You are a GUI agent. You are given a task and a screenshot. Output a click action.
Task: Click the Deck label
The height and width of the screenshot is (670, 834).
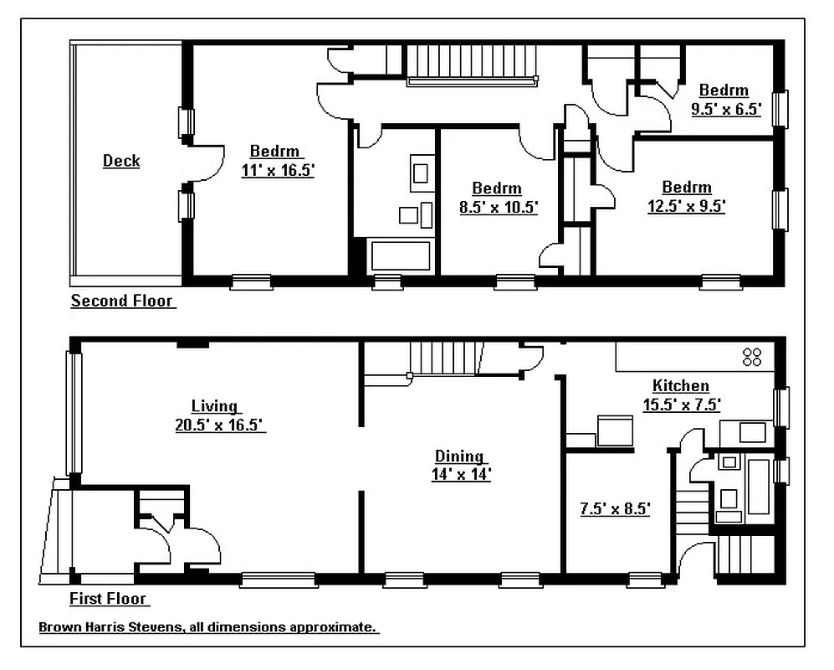[x=121, y=161]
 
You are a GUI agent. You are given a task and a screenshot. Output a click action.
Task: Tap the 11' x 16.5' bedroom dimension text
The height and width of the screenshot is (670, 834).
[x=278, y=170]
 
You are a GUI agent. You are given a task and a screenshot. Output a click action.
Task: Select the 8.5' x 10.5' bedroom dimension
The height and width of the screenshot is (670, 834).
[x=498, y=207]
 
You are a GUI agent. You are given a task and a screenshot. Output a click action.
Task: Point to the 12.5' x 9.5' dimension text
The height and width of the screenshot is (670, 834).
[x=686, y=205]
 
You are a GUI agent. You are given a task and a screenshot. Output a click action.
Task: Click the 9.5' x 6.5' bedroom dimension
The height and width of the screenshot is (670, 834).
[x=725, y=108]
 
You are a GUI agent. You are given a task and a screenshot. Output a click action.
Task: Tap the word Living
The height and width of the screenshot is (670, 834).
[x=214, y=407]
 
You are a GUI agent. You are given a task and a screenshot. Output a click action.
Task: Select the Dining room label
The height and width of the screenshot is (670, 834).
[x=459, y=456]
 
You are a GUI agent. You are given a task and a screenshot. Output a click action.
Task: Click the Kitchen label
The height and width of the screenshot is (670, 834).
[x=681, y=386]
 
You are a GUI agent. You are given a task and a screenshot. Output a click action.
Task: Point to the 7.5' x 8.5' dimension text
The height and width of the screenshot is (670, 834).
[x=615, y=508]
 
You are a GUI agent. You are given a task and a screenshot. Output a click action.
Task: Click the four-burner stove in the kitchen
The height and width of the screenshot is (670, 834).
[x=752, y=357]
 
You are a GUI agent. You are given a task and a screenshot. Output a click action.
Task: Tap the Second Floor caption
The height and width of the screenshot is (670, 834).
[x=122, y=301]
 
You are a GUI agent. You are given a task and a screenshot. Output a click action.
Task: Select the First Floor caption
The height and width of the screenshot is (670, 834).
[x=109, y=598]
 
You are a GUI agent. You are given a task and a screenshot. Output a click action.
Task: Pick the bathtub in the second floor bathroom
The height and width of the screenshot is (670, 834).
[x=401, y=255]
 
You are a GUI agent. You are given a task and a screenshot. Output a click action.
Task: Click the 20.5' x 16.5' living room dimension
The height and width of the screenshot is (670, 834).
[x=219, y=425]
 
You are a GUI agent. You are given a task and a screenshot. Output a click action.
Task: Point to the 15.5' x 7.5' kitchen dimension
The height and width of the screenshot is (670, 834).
[x=681, y=405]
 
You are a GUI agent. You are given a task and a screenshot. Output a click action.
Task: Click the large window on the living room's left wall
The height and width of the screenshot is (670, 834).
[x=74, y=413]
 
